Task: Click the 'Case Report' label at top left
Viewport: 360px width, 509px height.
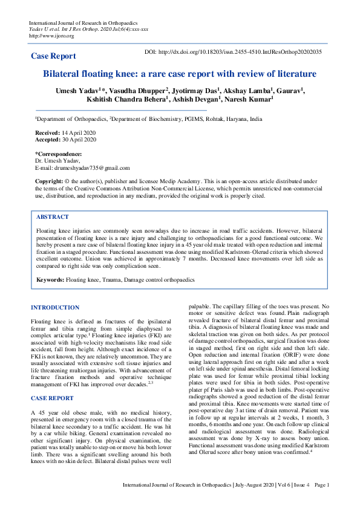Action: click(53, 56)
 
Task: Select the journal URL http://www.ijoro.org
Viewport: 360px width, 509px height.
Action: click(51, 36)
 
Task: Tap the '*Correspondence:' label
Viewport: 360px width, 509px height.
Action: click(58, 154)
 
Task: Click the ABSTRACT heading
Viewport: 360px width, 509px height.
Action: click(53, 216)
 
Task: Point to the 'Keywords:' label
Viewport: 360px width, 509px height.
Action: click(50, 280)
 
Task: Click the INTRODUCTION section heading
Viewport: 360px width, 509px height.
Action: click(55, 308)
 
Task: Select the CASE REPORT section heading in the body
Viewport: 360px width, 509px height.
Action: click(52, 381)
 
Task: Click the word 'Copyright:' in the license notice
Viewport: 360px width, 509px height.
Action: click(49, 181)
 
